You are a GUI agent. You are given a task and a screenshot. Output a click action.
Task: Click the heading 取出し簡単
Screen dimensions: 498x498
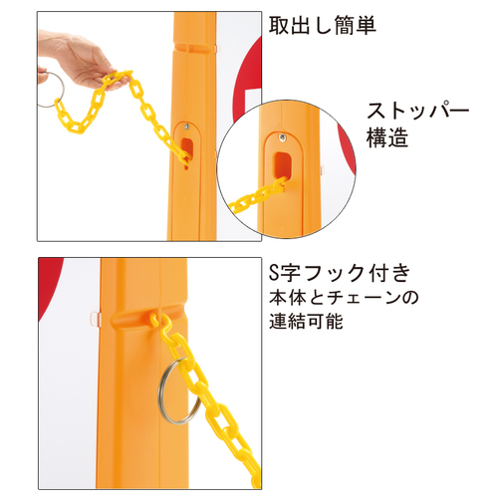(322, 25)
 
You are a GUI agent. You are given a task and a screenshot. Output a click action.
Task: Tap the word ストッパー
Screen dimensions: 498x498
(417, 111)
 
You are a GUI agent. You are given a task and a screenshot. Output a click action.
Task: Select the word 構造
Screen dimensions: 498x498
(387, 137)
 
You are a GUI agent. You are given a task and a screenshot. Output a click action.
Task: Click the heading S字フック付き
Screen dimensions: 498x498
(340, 273)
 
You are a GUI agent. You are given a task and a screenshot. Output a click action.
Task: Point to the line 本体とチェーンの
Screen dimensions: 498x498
(344, 298)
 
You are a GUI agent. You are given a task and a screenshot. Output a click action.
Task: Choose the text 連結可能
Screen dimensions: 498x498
(306, 321)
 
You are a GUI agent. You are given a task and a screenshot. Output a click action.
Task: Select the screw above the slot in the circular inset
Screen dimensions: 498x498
(283, 137)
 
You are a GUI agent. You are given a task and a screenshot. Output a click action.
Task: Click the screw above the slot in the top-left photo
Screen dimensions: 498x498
(187, 125)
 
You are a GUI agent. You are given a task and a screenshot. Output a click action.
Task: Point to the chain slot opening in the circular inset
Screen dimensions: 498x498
(283, 164)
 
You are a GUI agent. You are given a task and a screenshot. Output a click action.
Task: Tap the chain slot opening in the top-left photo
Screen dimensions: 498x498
(187, 147)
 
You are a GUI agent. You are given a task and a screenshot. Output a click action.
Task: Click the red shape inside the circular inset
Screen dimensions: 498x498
(347, 149)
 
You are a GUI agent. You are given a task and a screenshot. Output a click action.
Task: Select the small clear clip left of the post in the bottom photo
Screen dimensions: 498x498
(96, 319)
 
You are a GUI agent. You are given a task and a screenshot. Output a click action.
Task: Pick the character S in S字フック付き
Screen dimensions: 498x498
(274, 273)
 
